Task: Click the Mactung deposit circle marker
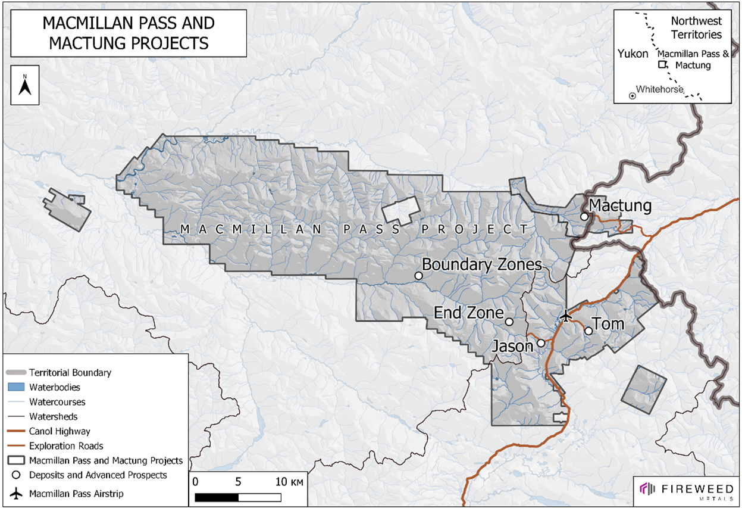[x=584, y=217]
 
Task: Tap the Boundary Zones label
[x=481, y=264]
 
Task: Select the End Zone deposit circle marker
[x=509, y=322]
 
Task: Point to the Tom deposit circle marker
[x=588, y=331]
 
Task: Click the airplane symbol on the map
[x=566, y=315]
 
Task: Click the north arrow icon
[x=25, y=86]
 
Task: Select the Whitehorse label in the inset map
[x=659, y=89]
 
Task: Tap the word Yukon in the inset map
[x=633, y=54]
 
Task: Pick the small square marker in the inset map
[x=661, y=65]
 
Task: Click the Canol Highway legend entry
[x=60, y=431]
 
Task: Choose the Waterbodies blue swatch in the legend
[x=15, y=387]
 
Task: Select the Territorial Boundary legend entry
[x=70, y=373]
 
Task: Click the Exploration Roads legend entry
[x=66, y=445]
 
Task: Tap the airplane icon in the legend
[x=16, y=494]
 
